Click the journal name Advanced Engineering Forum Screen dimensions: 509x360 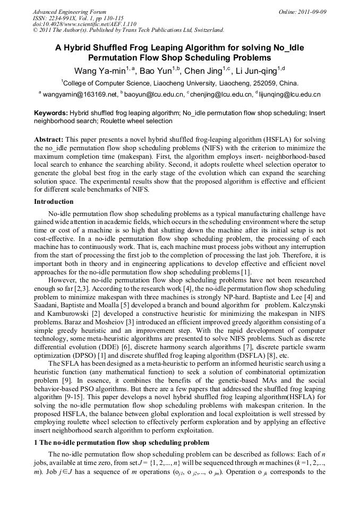point(69,12)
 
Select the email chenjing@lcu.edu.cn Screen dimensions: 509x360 point(221,95)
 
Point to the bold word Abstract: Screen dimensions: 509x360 point(49,139)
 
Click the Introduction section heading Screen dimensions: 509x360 point(54,202)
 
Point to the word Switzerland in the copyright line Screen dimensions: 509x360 point(204,30)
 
